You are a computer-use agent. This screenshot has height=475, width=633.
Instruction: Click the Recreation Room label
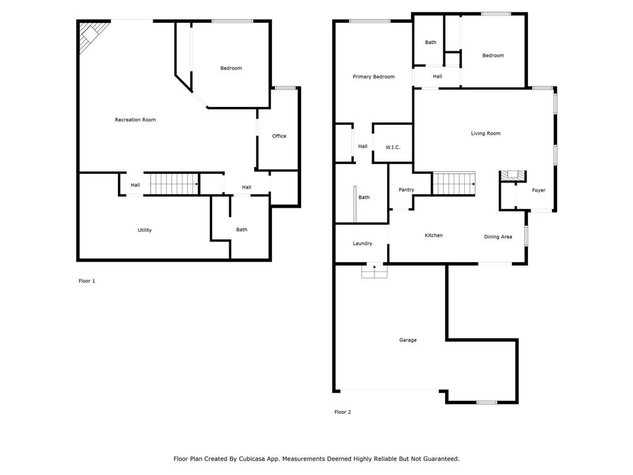point(135,119)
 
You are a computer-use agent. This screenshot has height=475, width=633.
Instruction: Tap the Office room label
point(279,136)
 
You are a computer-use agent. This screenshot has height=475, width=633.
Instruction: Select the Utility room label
point(145,230)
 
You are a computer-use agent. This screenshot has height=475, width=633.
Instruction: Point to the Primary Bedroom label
point(373,77)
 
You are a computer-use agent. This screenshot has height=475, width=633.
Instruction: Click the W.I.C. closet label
point(393,147)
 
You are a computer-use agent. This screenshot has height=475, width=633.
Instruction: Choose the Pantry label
point(406,190)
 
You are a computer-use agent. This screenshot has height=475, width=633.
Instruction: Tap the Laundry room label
point(362,244)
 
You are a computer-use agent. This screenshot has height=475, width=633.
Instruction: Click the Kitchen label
point(433,236)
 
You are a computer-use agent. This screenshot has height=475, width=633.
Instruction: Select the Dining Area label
point(498,237)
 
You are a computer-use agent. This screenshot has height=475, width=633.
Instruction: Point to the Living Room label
point(485,134)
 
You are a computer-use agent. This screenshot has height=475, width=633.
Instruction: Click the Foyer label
point(539,190)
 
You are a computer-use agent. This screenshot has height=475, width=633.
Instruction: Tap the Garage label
point(407,340)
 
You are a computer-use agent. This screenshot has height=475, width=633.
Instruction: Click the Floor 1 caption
point(87,281)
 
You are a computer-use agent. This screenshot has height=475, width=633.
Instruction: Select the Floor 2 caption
point(342,412)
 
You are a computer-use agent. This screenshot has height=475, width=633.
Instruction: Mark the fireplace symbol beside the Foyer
point(512,176)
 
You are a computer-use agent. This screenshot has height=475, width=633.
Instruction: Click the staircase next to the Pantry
point(454,184)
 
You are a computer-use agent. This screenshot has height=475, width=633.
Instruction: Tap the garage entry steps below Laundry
point(374,271)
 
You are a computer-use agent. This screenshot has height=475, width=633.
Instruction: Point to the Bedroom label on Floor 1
point(231,68)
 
